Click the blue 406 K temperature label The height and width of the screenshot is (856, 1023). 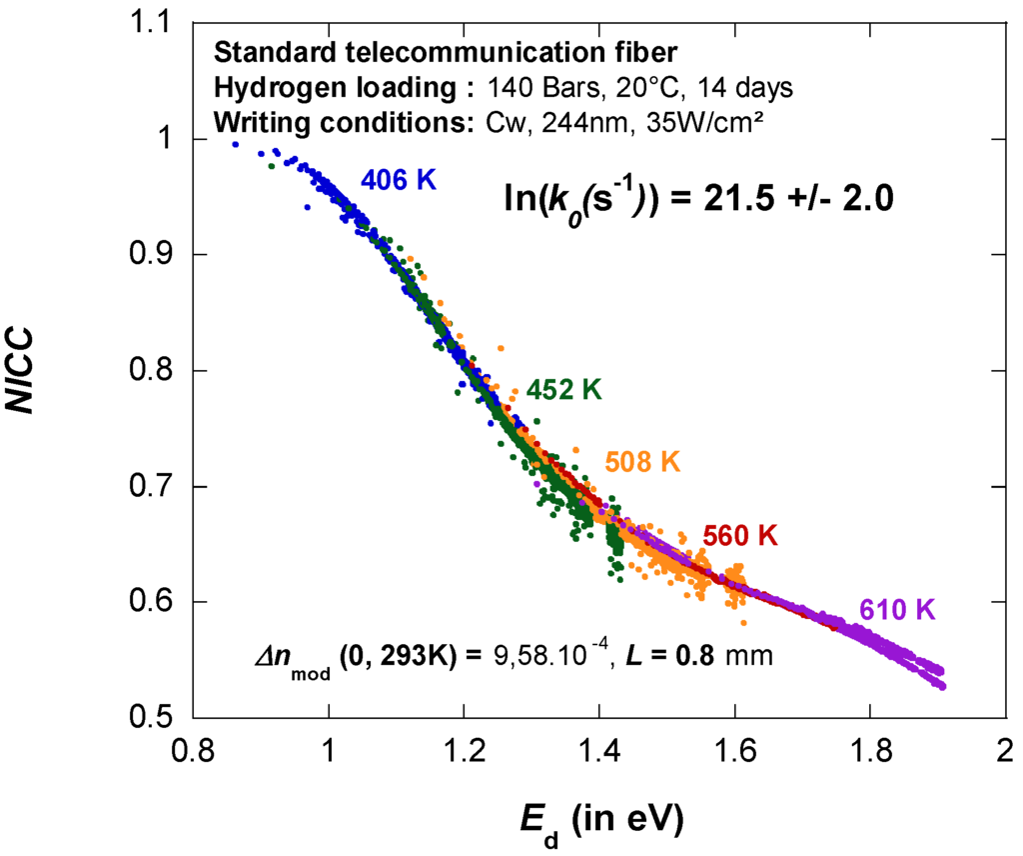[x=399, y=180]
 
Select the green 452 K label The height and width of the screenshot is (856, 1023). [x=564, y=390]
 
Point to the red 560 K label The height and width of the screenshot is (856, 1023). [x=739, y=535]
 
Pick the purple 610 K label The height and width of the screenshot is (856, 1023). [x=896, y=610]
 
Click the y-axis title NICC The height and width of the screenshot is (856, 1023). [x=30, y=371]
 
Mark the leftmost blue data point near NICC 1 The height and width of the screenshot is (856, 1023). [x=236, y=144]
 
